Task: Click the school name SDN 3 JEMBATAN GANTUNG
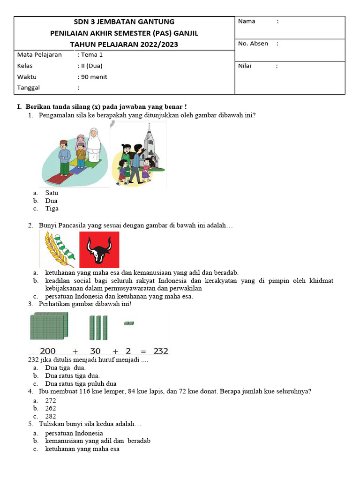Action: click(x=124, y=22)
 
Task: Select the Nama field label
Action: click(x=247, y=21)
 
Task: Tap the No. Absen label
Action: click(x=253, y=44)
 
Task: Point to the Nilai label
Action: click(x=245, y=66)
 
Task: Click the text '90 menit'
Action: click(x=94, y=77)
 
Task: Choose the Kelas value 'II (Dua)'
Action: click(x=92, y=66)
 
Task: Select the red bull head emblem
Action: click(x=99, y=249)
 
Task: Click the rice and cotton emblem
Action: click(x=60, y=249)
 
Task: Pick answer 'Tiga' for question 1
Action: click(x=52, y=209)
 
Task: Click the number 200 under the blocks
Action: click(x=48, y=351)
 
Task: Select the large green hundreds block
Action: click(x=49, y=326)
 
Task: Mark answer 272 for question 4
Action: click(x=51, y=401)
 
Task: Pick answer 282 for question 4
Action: click(x=51, y=416)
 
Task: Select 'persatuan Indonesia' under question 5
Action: click(x=74, y=433)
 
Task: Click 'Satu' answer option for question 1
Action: click(x=52, y=193)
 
